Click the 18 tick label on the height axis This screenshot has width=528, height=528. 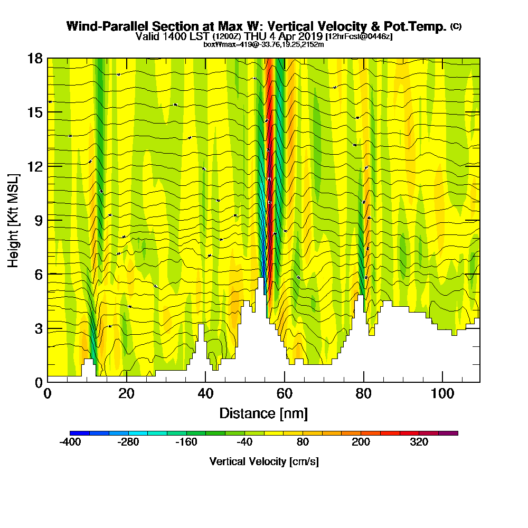(35, 58)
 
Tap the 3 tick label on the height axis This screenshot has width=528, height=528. (38, 328)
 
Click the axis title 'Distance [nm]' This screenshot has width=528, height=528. (263, 413)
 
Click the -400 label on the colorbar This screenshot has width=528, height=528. (70, 442)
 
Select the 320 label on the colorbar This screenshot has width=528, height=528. (419, 442)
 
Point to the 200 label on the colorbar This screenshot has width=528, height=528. (361, 442)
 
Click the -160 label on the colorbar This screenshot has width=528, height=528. (186, 442)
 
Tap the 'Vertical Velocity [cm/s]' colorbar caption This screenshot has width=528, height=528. (264, 461)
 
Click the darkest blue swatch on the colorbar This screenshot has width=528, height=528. (80, 433)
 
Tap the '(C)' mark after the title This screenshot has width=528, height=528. (456, 26)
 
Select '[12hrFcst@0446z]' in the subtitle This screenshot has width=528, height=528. (359, 36)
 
